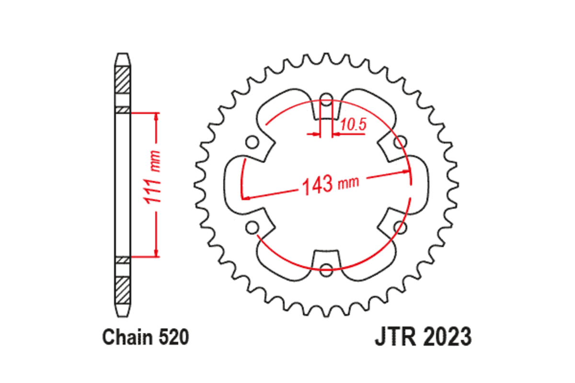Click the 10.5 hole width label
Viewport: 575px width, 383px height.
pyautogui.click(x=354, y=125)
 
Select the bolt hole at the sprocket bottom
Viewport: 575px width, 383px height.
pyautogui.click(x=326, y=268)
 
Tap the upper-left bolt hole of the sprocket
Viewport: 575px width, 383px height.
pyautogui.click(x=252, y=142)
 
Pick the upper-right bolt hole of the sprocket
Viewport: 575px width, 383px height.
pyautogui.click(x=400, y=142)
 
